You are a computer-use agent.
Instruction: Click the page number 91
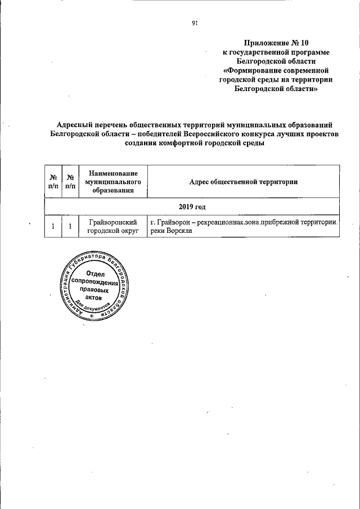coord(195,23)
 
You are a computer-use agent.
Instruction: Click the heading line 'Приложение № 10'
coord(276,43)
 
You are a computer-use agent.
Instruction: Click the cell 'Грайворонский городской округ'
coord(112,227)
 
